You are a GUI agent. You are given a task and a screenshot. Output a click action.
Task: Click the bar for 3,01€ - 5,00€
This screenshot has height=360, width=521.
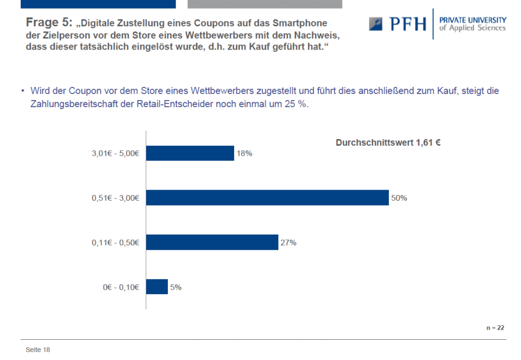190,153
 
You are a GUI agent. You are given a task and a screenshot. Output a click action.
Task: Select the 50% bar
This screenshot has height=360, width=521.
268,198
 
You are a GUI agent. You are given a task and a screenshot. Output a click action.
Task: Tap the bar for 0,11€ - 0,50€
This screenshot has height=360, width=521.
212,242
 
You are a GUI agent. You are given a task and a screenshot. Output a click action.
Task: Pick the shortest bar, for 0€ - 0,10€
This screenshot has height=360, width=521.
157,287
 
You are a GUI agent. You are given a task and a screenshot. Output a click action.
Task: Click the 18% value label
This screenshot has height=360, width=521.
244,153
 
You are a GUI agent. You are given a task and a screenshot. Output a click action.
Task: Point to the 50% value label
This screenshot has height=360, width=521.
399,198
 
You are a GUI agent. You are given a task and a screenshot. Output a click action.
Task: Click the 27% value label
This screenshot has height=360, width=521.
288,242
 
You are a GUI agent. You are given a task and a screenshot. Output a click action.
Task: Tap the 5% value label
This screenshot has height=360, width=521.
176,287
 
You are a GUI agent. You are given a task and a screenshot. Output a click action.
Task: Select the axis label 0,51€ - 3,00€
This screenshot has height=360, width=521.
115,198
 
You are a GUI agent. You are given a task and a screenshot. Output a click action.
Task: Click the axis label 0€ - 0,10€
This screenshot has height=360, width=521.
121,287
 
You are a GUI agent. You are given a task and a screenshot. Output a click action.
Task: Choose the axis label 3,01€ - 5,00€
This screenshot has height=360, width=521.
115,153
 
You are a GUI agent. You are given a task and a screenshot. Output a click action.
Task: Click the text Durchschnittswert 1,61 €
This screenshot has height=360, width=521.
388,143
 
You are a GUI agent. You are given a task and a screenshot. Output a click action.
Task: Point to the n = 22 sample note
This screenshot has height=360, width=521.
495,328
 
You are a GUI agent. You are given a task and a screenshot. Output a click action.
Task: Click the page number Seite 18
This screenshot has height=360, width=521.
38,350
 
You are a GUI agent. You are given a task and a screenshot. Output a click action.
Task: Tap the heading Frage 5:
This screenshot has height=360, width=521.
49,23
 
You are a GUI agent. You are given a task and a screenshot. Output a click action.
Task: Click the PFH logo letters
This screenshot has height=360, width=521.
408,24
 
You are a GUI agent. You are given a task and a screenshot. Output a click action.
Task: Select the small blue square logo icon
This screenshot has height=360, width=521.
375,24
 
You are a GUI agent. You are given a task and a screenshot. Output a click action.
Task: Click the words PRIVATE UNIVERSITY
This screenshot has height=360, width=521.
473,20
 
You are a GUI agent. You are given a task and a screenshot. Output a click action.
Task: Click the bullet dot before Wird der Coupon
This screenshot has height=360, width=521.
23,91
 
